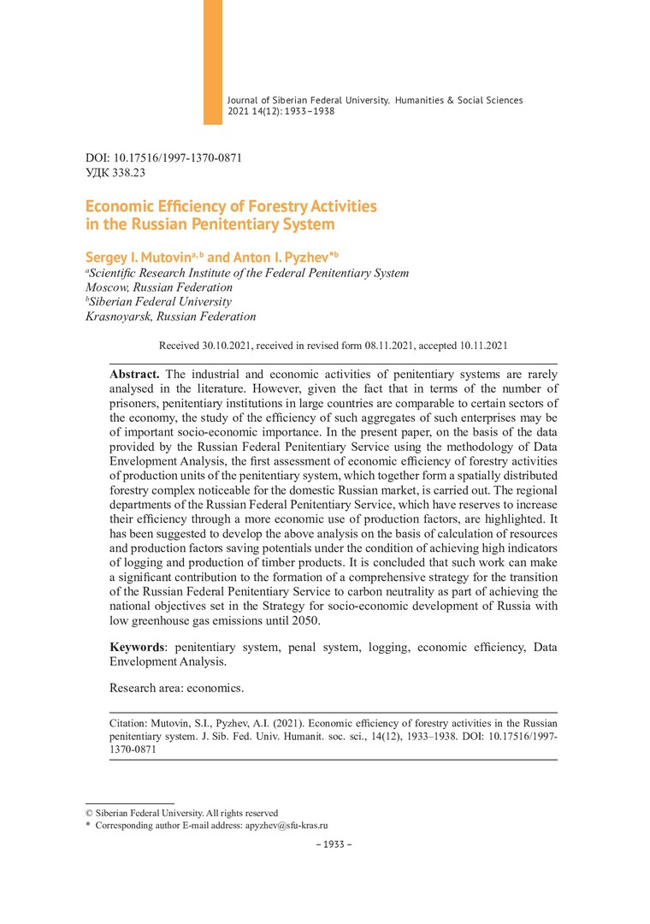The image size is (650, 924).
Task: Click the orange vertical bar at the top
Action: tap(212, 62)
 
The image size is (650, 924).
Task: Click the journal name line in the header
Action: tap(375, 100)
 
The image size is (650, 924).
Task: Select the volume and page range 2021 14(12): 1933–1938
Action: tap(281, 111)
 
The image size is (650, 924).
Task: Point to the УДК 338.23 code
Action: tap(115, 172)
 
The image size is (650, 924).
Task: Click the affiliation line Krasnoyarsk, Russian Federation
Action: tap(171, 317)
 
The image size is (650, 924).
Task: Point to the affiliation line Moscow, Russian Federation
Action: tap(159, 287)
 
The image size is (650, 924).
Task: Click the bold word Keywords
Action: tap(139, 648)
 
